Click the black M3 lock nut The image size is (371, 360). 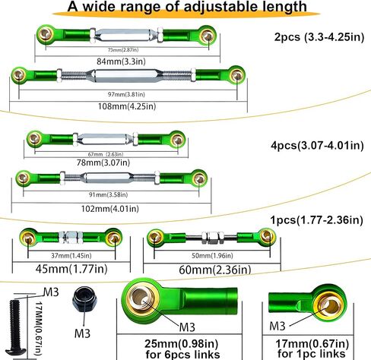coord(84,300)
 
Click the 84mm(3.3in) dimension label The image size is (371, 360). coord(121,62)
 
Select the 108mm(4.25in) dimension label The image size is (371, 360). coord(127,106)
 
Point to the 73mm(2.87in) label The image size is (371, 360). coord(123,50)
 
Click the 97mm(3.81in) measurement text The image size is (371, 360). coord(126,94)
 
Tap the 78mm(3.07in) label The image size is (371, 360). coord(103,163)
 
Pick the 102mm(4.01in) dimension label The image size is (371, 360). coord(110,209)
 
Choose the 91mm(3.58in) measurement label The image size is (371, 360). coord(108,194)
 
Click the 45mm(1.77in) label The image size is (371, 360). coord(71,269)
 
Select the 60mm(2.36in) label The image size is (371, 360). coord(215,270)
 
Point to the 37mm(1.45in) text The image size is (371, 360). coord(71,256)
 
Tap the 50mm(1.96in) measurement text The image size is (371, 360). coord(212,256)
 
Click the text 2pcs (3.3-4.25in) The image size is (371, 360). coord(319,37)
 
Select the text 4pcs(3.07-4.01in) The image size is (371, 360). coord(317,146)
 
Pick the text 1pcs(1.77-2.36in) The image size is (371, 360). coord(317,220)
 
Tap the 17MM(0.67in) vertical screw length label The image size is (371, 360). coord(38,328)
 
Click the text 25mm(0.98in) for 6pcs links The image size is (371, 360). coord(182,349)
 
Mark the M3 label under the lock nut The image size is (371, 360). coord(82,333)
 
